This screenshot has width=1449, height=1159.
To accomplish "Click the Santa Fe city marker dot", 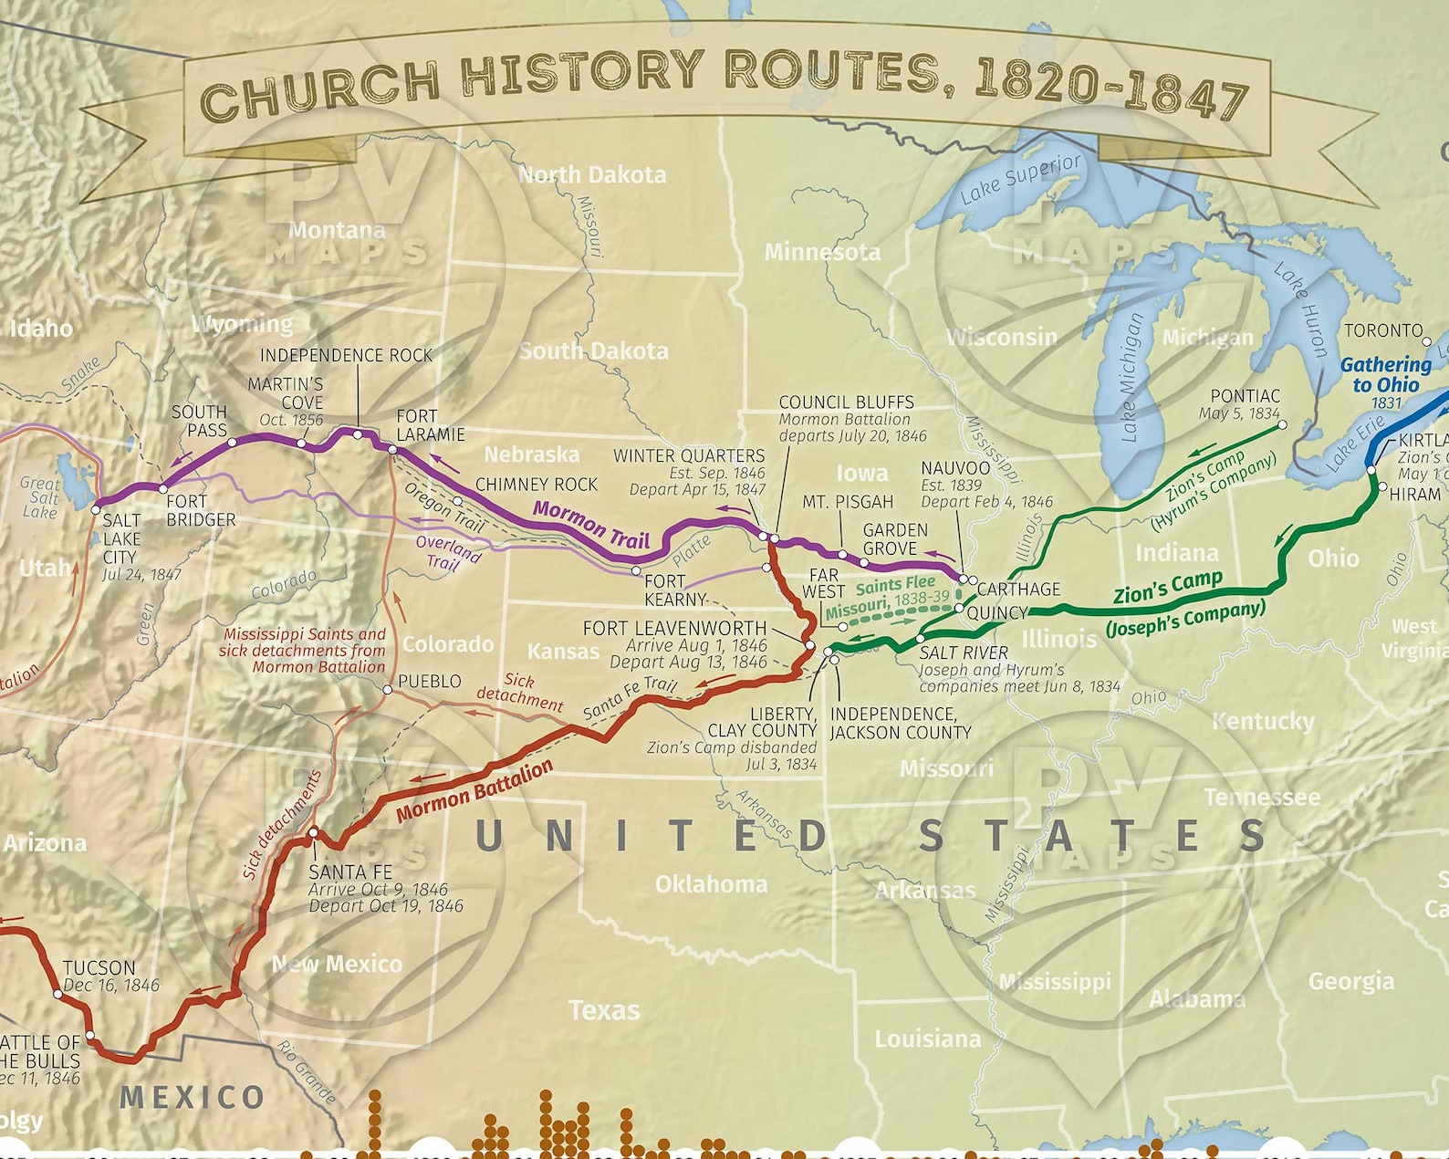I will coord(313,832).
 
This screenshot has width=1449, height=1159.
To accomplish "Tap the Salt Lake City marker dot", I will coord(96,509).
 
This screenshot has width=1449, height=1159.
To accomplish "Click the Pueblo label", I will coord(429,682).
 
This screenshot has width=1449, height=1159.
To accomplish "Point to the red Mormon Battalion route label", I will coord(474,790).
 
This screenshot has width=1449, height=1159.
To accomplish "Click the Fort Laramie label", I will coord(430,425).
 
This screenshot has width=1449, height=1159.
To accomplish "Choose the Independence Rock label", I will coord(346,355).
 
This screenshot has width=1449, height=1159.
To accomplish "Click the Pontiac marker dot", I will coord(1282,425).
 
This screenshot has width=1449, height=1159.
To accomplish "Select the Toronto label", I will coord(1383,330).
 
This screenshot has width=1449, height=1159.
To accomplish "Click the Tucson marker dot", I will coord(58,994).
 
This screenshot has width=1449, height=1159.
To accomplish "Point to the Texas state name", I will coord(604,1010).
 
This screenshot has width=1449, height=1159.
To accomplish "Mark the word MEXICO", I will coord(193,1097).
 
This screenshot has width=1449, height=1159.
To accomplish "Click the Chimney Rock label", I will coord(537,485).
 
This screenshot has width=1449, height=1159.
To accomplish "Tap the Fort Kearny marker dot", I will coord(636,571).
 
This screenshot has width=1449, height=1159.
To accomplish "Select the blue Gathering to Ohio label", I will coord(1385,375).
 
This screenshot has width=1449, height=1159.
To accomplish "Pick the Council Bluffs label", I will coord(846,402).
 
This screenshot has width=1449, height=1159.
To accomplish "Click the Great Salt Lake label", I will coord(41,497).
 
